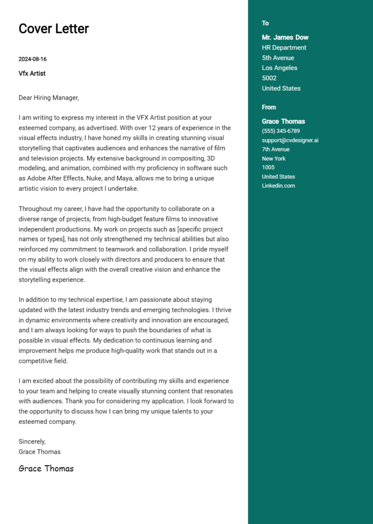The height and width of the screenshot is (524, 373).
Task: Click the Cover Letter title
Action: point(53,29)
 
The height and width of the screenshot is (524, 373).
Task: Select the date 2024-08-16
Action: point(33,59)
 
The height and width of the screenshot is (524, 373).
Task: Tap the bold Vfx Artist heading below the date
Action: point(32,73)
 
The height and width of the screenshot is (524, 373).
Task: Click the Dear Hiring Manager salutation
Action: point(49,98)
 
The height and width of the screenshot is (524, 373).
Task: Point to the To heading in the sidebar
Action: point(265,23)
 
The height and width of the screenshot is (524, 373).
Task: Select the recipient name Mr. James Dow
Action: point(285,37)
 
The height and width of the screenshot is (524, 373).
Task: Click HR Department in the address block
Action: point(284,48)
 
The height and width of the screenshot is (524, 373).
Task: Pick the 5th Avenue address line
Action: point(278,58)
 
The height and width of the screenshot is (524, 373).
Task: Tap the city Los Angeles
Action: point(279,68)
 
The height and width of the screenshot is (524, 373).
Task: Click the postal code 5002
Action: point(269,78)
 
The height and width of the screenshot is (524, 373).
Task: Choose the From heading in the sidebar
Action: point(269,107)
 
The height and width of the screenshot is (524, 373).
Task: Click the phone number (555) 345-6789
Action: point(281,131)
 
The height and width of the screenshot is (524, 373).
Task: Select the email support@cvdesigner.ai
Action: point(290,140)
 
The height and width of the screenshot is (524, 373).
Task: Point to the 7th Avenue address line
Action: point(275,150)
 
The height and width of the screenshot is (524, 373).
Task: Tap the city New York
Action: point(273,159)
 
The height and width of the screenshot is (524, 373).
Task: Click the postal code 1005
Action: point(268,168)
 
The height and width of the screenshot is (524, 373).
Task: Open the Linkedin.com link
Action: point(278,186)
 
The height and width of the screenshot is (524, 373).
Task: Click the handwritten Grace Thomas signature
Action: point(46,469)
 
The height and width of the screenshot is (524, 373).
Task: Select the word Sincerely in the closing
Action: point(32,441)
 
